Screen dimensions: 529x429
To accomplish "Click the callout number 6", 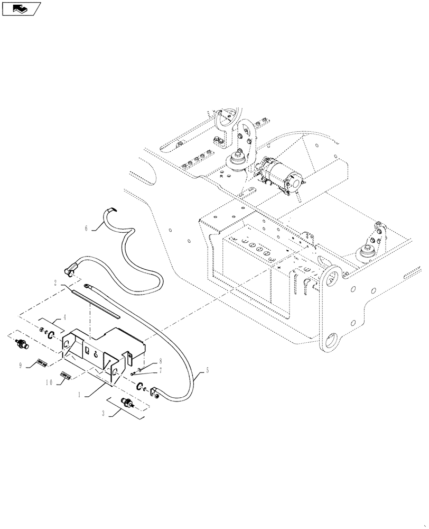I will point(87,229).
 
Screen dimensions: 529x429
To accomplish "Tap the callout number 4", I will point(64,318).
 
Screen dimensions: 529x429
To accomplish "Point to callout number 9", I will point(21,365).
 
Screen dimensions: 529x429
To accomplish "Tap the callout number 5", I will point(207,371).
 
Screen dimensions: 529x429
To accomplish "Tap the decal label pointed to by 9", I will point(42,363).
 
